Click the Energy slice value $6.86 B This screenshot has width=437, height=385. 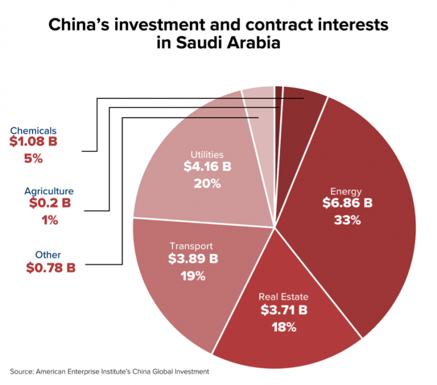tap(347, 204)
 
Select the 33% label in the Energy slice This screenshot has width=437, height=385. tap(347, 221)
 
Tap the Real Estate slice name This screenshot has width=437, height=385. tap(284, 297)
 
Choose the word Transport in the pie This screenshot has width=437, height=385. tap(191, 246)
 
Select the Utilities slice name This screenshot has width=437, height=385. tap(207, 155)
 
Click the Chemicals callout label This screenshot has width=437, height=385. tap(34, 131)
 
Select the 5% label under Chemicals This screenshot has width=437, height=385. tap(34, 159)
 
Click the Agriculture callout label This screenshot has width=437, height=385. tap(48, 191)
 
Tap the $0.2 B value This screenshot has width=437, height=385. tap(50, 204)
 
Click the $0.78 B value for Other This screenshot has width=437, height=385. tap(51, 268)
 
